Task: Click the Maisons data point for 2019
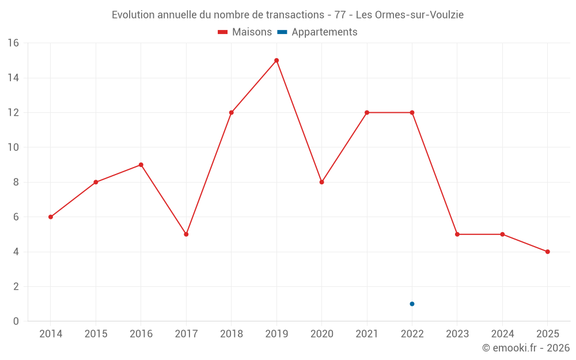pos(276,60)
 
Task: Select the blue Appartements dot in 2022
pos(412,304)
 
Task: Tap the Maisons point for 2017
pos(186,234)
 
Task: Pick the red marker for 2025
pos(547,252)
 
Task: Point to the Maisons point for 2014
pos(51,217)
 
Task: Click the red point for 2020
pos(321,182)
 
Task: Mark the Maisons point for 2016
pos(141,165)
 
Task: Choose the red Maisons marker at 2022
pos(412,112)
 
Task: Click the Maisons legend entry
pos(245,32)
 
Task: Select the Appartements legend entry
pos(317,32)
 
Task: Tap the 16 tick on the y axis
pos(13,43)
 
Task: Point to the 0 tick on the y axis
pos(16,321)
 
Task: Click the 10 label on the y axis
pos(13,147)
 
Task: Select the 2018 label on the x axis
pos(231,334)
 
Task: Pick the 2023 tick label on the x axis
pos(457,334)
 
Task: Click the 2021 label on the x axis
pos(367,334)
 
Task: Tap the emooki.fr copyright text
pos(525,348)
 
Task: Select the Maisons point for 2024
pos(502,234)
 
